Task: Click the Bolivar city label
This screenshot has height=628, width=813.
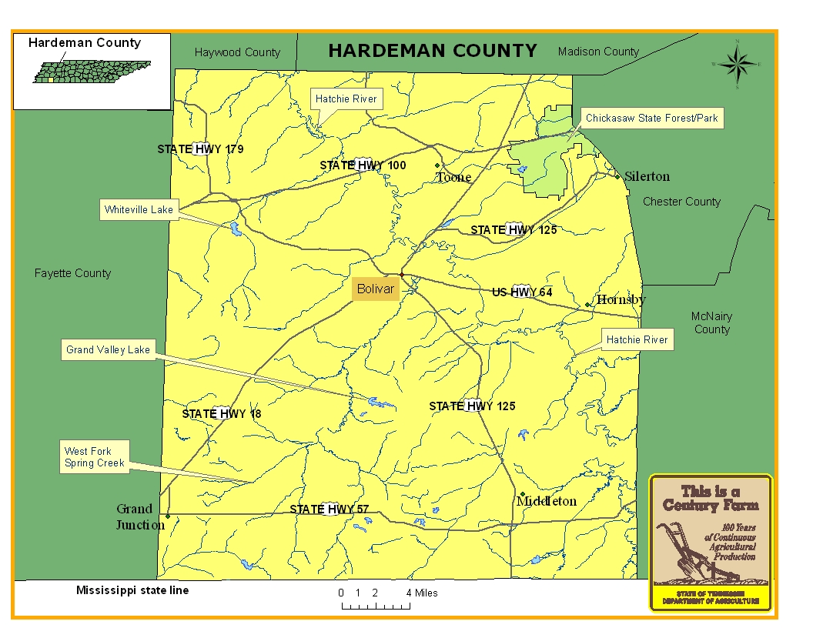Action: (x=376, y=289)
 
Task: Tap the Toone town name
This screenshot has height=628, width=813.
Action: (x=453, y=178)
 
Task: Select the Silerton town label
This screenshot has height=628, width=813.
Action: (x=647, y=176)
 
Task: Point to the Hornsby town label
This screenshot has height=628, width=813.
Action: (x=621, y=300)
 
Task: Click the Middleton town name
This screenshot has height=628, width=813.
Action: (x=547, y=501)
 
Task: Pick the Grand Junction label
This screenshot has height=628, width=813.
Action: (x=140, y=517)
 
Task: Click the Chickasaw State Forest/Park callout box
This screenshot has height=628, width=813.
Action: (x=651, y=119)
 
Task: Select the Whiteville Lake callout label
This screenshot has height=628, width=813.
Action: (x=139, y=209)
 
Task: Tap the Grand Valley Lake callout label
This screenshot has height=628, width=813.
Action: (x=108, y=350)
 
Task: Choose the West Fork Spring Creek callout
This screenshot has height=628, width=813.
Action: (x=95, y=457)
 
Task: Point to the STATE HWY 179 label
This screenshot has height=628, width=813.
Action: (x=200, y=149)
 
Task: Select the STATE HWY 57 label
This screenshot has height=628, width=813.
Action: (x=330, y=509)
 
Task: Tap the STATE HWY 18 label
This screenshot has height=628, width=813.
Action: (x=222, y=414)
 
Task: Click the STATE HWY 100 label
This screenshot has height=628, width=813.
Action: (x=363, y=165)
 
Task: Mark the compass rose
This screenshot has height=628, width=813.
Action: (x=737, y=65)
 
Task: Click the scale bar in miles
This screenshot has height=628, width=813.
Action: (x=376, y=605)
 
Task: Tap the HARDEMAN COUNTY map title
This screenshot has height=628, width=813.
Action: (x=433, y=51)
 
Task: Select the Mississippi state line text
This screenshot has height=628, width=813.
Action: (x=132, y=590)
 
